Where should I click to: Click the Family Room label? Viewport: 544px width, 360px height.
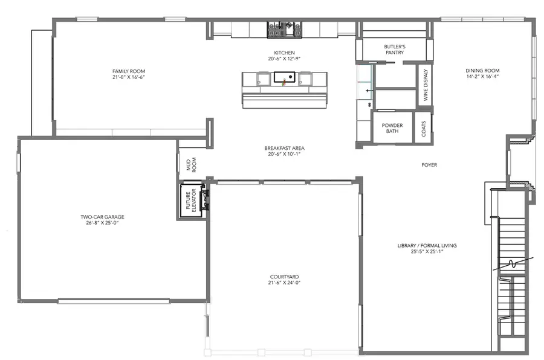pyautogui.click(x=129, y=71)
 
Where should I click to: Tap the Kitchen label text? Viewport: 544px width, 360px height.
pyautogui.click(x=283, y=53)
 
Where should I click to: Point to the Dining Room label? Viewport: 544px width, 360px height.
pyautogui.click(x=482, y=70)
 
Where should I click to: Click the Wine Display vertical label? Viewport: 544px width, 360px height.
pyautogui.click(x=426, y=85)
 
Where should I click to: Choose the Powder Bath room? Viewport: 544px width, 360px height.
pyautogui.click(x=392, y=127)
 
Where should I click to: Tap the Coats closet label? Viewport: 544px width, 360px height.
pyautogui.click(x=424, y=128)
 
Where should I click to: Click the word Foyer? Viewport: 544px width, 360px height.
pyautogui.click(x=429, y=165)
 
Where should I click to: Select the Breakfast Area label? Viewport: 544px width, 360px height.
pyautogui.click(x=283, y=149)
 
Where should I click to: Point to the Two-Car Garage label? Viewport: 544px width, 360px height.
pyautogui.click(x=106, y=216)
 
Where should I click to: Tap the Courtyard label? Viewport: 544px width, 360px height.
pyautogui.click(x=284, y=277)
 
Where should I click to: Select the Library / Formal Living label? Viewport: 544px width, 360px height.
pyautogui.click(x=427, y=245)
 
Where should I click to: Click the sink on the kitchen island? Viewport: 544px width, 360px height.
pyautogui.click(x=283, y=77)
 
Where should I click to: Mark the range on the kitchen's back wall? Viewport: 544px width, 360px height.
pyautogui.click(x=284, y=29)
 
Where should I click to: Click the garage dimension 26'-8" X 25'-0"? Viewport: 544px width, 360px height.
pyautogui.click(x=106, y=222)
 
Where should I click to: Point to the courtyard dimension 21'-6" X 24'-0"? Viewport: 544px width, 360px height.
pyautogui.click(x=284, y=283)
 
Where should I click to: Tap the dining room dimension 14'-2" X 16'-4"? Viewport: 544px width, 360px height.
pyautogui.click(x=482, y=77)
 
